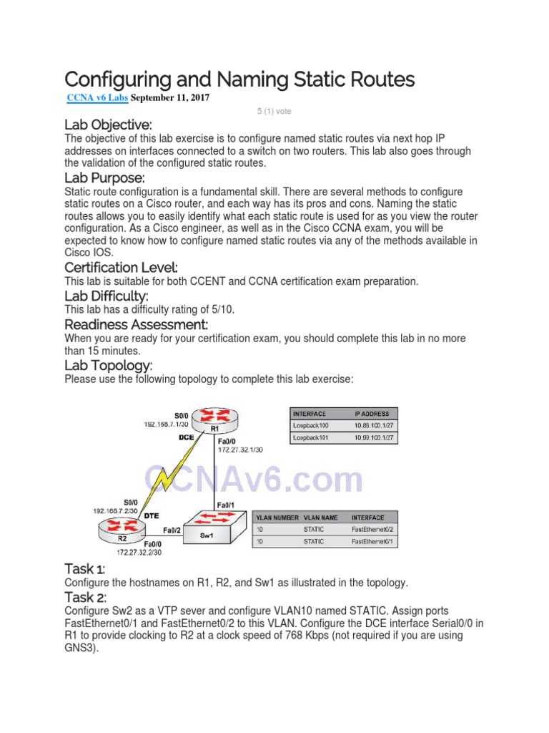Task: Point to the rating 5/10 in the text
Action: (219, 309)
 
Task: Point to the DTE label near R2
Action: (152, 514)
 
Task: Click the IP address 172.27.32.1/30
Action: (240, 450)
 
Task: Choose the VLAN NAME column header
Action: (319, 517)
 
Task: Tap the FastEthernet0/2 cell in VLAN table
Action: (373, 529)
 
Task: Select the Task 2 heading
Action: (85, 597)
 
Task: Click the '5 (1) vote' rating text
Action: (274, 112)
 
